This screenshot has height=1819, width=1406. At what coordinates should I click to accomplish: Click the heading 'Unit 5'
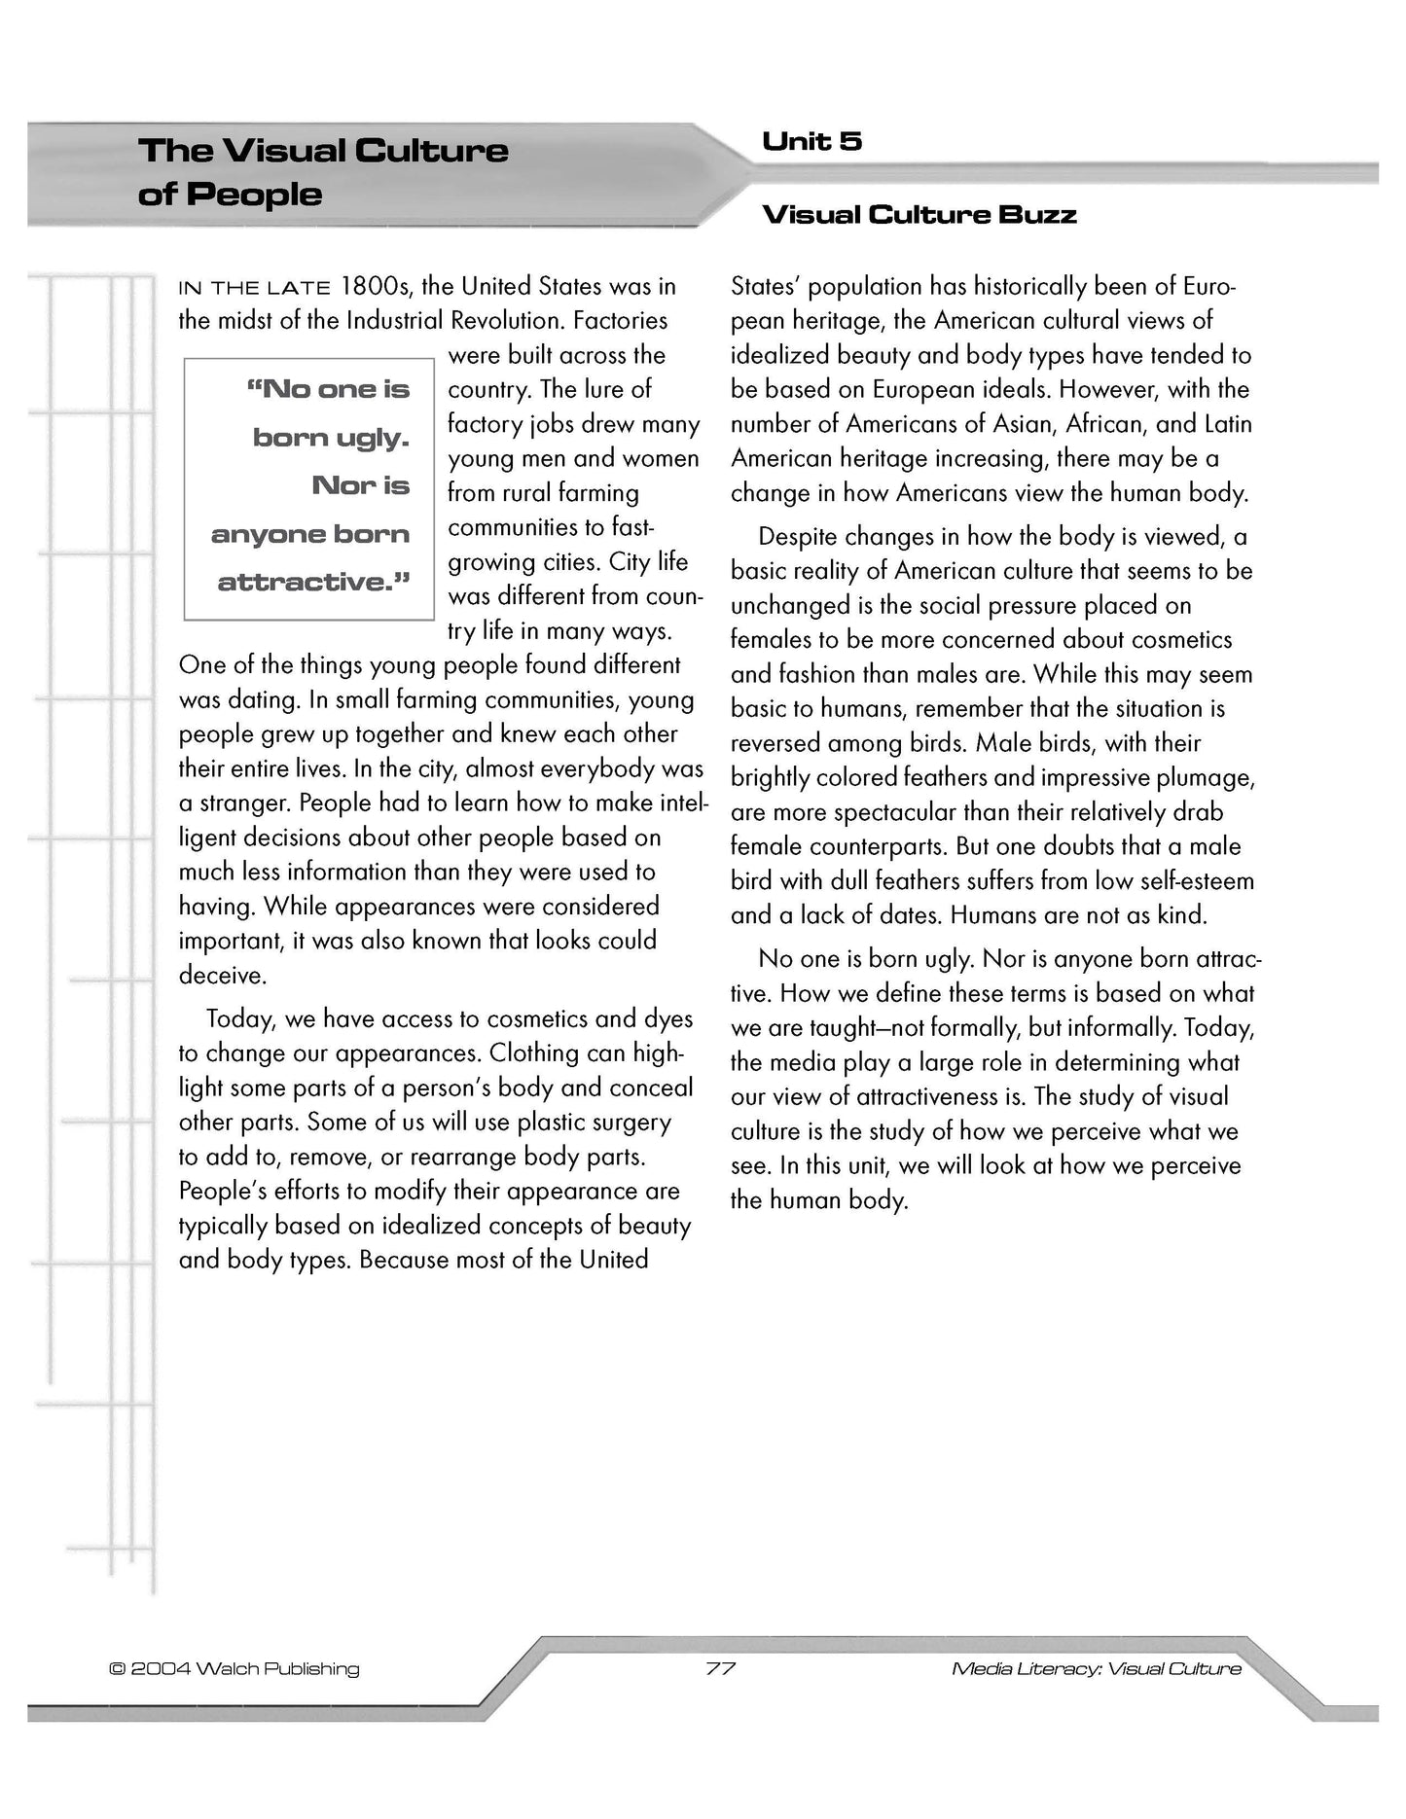pyautogui.click(x=811, y=142)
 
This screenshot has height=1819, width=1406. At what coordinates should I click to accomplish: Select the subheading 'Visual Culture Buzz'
pyautogui.click(x=919, y=215)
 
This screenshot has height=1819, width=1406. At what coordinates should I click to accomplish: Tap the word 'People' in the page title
pyautogui.click(x=254, y=195)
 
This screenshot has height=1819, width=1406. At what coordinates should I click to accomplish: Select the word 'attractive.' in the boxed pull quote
pyautogui.click(x=313, y=583)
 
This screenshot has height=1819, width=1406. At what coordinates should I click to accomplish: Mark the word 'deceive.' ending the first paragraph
pyautogui.click(x=223, y=976)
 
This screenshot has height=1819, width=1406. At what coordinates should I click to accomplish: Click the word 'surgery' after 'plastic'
pyautogui.click(x=631, y=1123)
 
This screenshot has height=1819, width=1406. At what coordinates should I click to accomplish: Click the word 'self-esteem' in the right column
pyautogui.click(x=1194, y=881)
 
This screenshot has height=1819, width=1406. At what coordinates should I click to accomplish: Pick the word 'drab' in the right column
pyautogui.click(x=1200, y=812)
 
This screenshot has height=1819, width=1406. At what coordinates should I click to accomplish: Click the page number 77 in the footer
pyautogui.click(x=721, y=1669)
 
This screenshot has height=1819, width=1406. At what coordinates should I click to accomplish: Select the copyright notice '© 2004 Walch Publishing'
pyautogui.click(x=234, y=1669)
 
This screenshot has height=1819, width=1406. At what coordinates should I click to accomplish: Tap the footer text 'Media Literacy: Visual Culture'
pyautogui.click(x=1097, y=1669)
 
